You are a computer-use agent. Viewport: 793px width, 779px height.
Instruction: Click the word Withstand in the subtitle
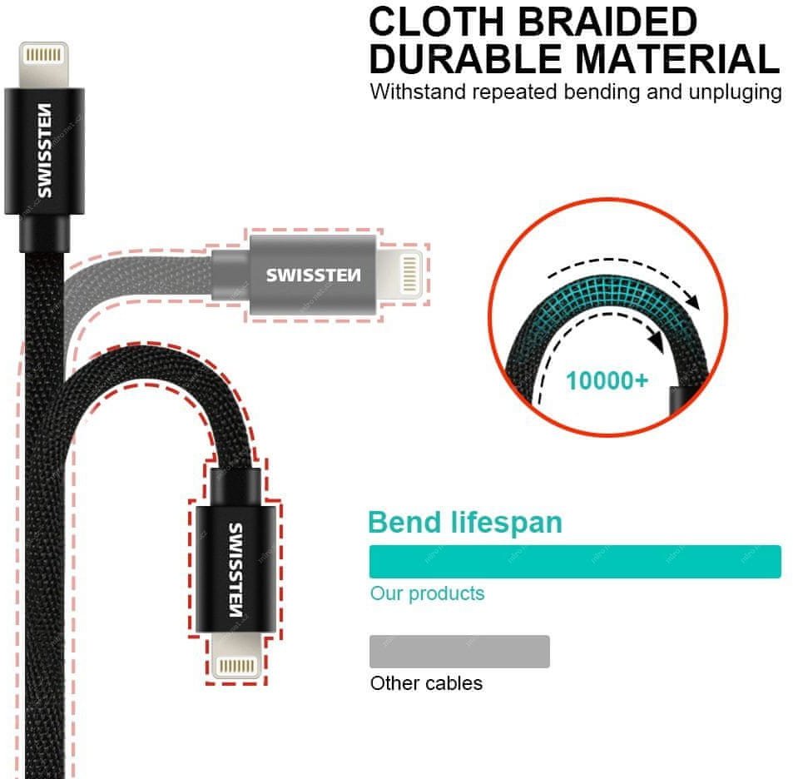(x=418, y=92)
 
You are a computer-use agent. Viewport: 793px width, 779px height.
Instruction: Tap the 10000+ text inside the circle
(x=607, y=381)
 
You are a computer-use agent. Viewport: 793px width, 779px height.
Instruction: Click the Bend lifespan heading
(x=465, y=523)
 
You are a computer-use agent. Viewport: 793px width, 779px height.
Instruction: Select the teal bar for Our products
(x=574, y=562)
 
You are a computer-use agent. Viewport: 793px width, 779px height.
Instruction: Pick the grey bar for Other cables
(x=459, y=652)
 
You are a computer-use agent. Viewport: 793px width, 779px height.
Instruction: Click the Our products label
(x=427, y=593)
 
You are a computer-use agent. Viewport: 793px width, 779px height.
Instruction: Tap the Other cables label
(x=426, y=683)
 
